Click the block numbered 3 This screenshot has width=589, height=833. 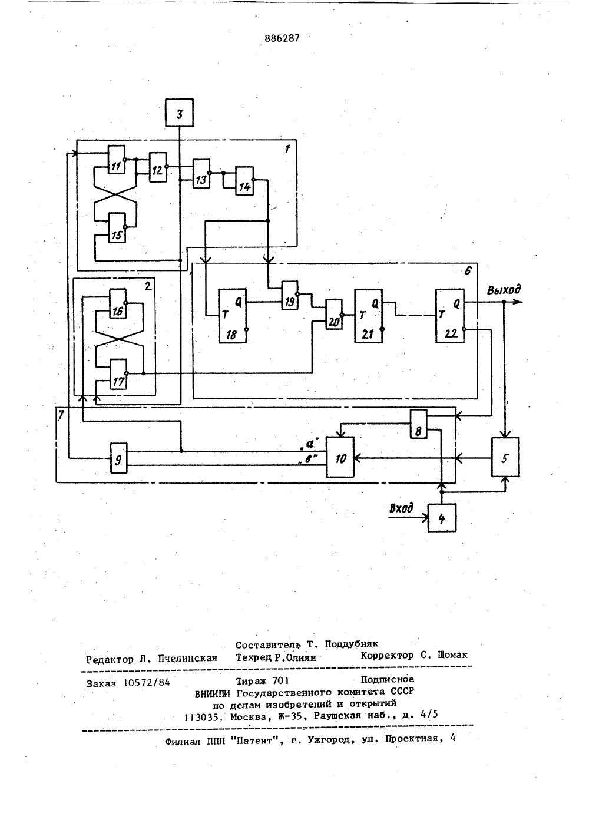[179, 113]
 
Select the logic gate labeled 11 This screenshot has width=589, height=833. [117, 160]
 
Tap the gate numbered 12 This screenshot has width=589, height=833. [158, 167]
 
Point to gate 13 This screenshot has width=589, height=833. [201, 174]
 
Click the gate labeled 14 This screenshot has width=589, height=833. [244, 180]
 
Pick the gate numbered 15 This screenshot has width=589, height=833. [117, 227]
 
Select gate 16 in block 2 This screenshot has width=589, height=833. [117, 303]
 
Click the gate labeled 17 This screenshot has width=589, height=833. [118, 374]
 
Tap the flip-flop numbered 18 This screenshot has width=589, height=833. [233, 316]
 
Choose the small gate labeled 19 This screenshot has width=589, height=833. [290, 296]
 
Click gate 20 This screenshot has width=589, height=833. [334, 315]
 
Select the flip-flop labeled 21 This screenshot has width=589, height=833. [369, 316]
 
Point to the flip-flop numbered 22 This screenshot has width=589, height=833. [450, 316]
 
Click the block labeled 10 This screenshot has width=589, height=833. [340, 457]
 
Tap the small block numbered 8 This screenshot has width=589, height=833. [419, 424]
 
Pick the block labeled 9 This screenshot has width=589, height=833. [119, 458]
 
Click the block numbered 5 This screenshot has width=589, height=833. [505, 457]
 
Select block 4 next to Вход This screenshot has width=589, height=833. [442, 518]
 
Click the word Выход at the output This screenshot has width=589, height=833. [504, 290]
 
